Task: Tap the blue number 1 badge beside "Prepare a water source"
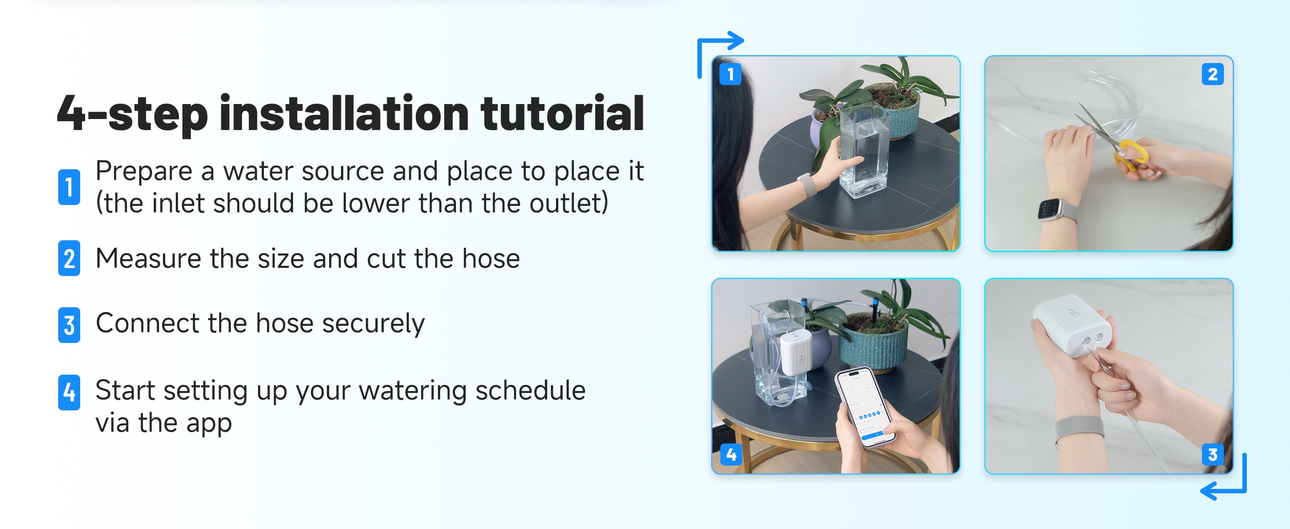(x=69, y=187)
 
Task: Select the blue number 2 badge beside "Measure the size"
(x=69, y=258)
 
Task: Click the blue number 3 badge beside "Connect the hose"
(x=69, y=324)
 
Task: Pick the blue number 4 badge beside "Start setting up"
(x=69, y=392)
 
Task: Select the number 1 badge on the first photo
(x=730, y=74)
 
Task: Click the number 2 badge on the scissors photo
(x=1212, y=74)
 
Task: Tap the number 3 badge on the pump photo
(x=1212, y=454)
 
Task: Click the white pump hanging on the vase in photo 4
(x=796, y=352)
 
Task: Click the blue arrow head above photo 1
(x=736, y=41)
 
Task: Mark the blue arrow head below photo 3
(x=1209, y=490)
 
